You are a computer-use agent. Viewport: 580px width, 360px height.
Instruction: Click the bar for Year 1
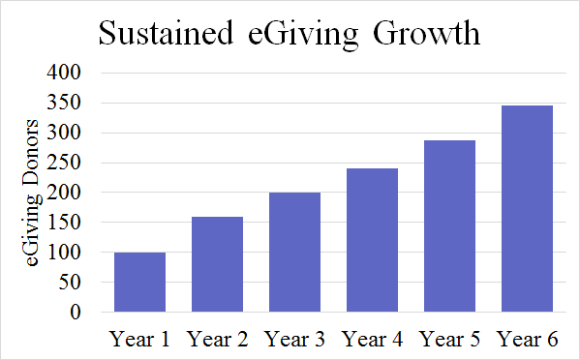pos(139,282)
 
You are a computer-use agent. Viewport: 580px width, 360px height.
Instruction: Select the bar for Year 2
pos(217,264)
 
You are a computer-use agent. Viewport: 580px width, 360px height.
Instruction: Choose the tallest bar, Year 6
pos(527,208)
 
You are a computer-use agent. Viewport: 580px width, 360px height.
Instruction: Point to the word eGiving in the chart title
pos(304,36)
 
